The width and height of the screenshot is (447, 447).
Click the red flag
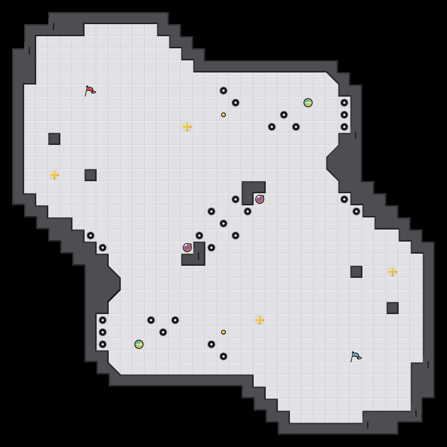coord(90,91)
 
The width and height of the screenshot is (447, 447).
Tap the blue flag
coord(356,356)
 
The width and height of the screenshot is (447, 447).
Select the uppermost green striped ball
coord(308,103)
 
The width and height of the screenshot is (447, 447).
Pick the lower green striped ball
coord(139,344)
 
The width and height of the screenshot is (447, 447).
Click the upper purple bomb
coord(260,199)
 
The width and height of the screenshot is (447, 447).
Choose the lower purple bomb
coord(187,248)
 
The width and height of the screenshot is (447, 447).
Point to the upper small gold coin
coord(224,115)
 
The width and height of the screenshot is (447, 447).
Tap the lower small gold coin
coord(224,332)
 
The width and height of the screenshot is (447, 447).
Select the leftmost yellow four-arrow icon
coord(54,175)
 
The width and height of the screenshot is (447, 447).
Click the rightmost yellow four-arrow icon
coord(393,272)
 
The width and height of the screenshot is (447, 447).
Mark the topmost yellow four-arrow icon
coord(187,127)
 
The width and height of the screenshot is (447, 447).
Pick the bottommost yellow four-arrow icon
coord(260,320)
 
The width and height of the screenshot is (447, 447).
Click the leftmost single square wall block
coord(54,139)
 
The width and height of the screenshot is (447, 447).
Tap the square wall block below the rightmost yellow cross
coord(393,308)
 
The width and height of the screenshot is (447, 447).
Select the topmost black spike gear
coord(224,91)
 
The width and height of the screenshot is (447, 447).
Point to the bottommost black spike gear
coord(224,356)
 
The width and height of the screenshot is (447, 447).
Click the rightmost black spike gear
coord(356,211)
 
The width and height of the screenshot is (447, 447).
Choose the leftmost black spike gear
coord(91,236)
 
